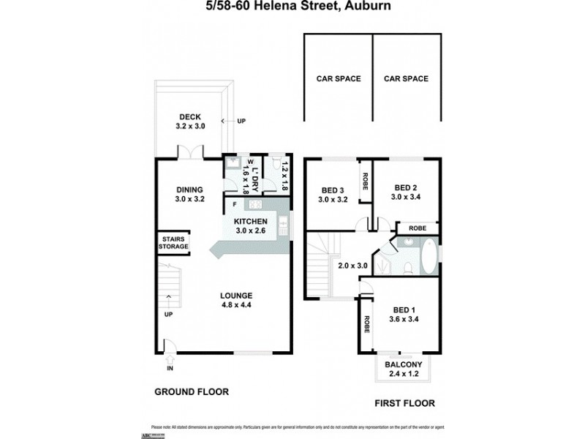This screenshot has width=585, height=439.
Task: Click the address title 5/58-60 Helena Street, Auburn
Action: tap(292, 7)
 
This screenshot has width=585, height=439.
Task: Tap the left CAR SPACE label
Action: tap(338, 78)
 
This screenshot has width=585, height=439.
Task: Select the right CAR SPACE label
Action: tap(406, 78)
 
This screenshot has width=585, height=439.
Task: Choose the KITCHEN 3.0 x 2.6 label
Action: tap(251, 226)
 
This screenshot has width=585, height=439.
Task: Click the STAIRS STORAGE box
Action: tap(173, 243)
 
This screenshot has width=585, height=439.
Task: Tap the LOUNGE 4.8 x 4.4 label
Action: tap(237, 300)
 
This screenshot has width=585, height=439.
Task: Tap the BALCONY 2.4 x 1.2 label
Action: tap(403, 368)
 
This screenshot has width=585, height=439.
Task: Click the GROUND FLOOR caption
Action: tap(192, 391)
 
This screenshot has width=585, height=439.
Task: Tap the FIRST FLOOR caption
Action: tap(404, 402)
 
